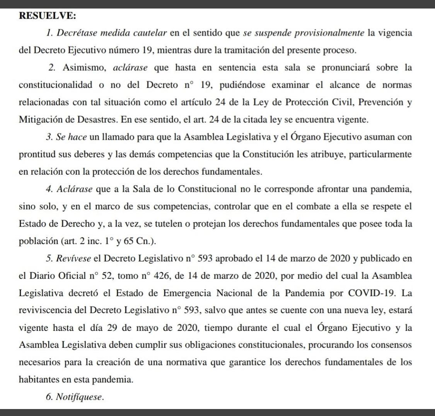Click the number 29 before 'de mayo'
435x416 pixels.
[x=113, y=328]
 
